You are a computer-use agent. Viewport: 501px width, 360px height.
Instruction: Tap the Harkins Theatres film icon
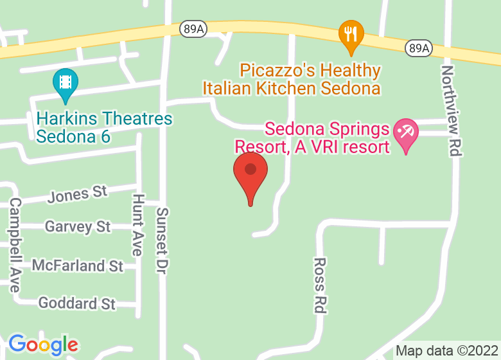65,83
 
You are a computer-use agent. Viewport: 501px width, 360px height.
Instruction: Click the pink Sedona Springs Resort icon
405,133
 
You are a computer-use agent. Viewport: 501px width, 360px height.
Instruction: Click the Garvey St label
77,226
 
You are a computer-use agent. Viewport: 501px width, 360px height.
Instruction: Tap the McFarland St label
77,265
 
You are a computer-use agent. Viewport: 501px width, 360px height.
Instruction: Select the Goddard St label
77,303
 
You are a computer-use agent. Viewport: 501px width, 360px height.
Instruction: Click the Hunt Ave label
137,224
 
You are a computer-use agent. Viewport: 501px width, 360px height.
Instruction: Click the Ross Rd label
320,285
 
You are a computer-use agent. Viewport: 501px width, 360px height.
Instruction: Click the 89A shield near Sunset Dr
192,29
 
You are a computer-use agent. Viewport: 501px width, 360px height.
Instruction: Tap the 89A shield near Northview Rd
418,48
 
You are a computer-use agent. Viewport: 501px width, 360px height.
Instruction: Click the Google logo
42,345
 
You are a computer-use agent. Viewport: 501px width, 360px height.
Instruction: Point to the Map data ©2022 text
446,351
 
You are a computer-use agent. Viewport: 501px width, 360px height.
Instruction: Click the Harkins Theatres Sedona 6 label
104,127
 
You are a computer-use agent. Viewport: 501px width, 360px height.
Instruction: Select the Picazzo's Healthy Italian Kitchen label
292,79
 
